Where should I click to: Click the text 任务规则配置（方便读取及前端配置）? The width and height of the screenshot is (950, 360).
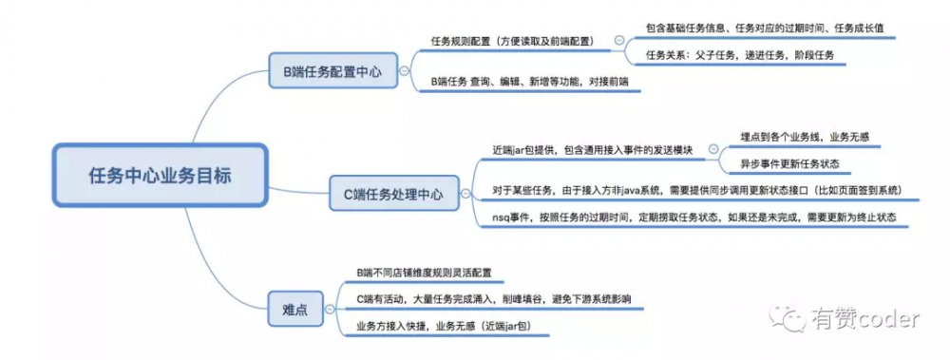pos(512,41)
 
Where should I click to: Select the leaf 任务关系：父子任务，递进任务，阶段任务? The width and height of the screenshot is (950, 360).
pos(739,55)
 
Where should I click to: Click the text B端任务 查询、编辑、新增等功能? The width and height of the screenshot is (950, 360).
pos(530,83)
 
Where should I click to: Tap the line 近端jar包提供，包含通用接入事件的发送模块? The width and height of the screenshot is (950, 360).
pos(594,150)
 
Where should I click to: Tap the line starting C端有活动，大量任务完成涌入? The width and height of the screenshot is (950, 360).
pos(493,299)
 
